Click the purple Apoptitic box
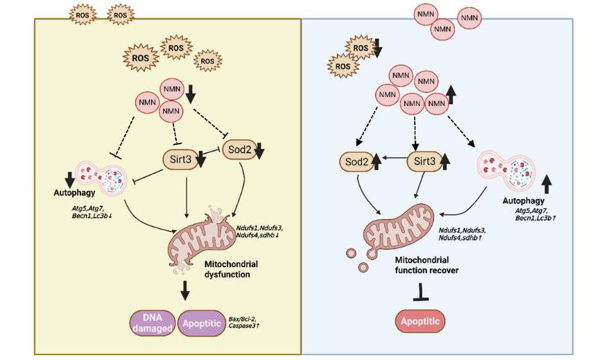point(203,323)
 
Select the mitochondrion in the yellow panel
point(201,236)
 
